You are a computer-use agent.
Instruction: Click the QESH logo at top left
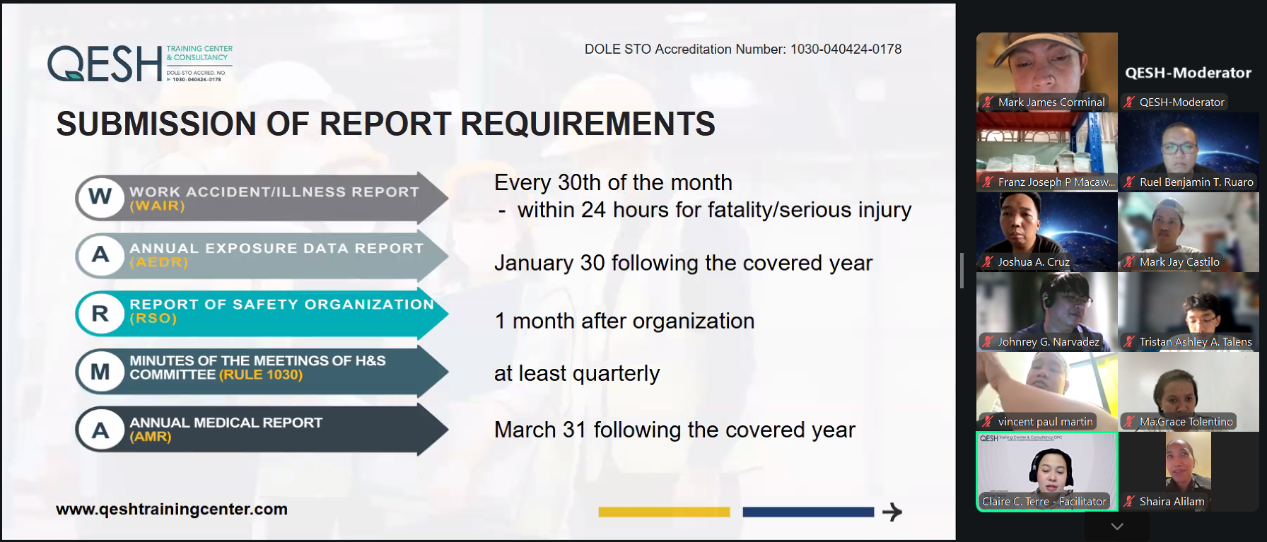click(140, 64)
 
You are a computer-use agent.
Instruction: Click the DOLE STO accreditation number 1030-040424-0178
click(846, 49)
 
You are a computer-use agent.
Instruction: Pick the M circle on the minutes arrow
click(100, 371)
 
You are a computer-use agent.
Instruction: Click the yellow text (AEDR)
click(158, 262)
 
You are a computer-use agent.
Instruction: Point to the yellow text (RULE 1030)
click(261, 375)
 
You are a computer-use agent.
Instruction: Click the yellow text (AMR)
click(151, 437)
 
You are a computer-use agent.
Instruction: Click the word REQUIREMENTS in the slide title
click(588, 124)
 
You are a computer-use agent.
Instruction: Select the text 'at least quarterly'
click(577, 373)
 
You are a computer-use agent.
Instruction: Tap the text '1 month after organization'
click(624, 321)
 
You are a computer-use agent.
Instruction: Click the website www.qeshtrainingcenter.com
click(172, 509)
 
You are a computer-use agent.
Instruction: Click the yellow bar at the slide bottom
click(664, 512)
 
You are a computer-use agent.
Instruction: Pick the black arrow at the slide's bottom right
click(892, 512)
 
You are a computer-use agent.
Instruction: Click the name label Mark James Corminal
click(1051, 102)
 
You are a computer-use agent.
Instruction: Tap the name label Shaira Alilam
click(1172, 502)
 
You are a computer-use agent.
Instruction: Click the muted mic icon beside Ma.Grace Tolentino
click(1129, 422)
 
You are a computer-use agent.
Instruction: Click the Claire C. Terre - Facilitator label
click(1044, 502)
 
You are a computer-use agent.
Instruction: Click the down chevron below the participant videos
click(1117, 526)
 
